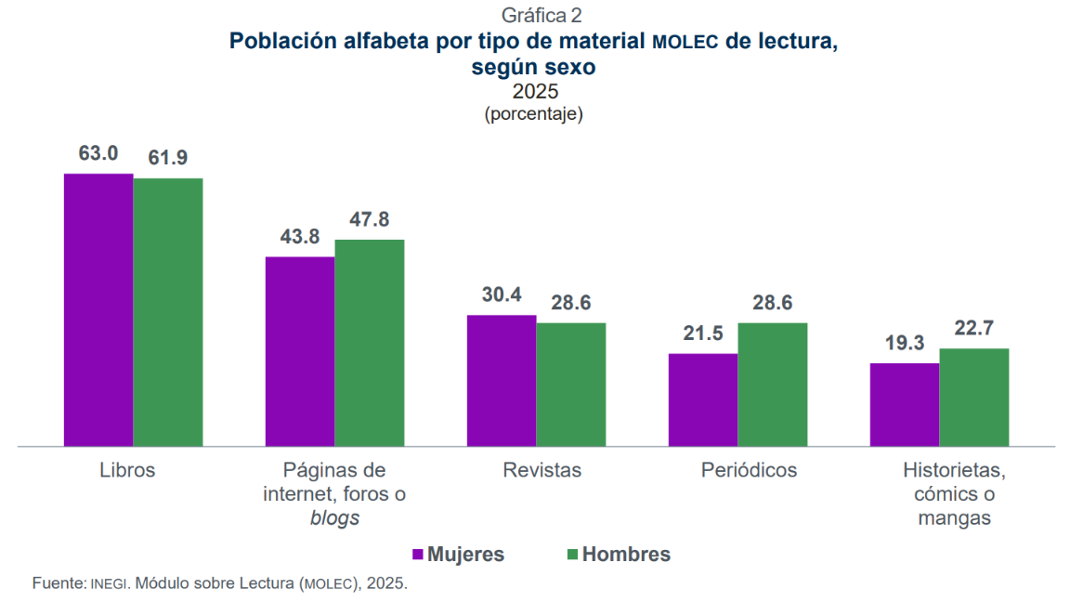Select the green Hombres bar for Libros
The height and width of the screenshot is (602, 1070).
pos(168,312)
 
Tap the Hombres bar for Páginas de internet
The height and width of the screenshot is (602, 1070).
pos(370,343)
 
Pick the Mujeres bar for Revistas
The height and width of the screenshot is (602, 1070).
pos(502,381)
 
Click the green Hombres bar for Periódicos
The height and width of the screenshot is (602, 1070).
pos(773,385)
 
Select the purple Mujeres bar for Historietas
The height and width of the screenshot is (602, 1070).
pos(905,404)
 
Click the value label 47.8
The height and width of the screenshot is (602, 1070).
pos(370,220)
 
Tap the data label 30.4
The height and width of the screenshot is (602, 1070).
pos(502,295)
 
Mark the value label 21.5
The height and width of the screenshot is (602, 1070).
pos(703,334)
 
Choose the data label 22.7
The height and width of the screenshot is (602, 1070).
pos(974,329)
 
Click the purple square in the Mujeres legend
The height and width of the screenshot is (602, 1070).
pos(418,555)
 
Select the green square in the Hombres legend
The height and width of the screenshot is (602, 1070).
pos(572,555)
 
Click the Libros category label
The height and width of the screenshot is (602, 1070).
pos(127,470)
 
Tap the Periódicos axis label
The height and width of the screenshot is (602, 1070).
pos(749,470)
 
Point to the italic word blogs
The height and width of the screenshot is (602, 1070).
pos(334,518)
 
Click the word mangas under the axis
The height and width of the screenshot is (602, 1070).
pos(954,518)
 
